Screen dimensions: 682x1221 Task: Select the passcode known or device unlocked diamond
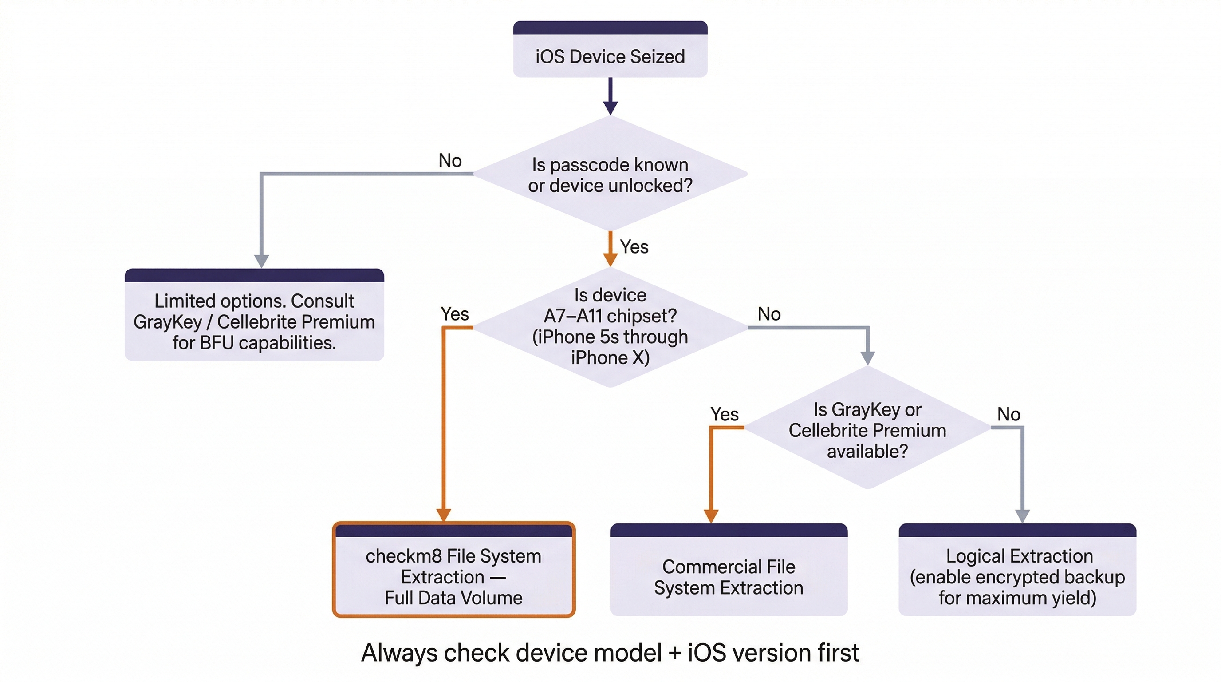point(610,174)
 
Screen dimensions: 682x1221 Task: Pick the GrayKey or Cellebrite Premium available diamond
point(867,430)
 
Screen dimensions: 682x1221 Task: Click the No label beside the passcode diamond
point(450,160)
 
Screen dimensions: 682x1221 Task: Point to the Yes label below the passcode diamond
point(634,246)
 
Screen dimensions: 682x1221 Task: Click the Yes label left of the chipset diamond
point(455,314)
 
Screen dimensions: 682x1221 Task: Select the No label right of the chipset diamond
point(769,314)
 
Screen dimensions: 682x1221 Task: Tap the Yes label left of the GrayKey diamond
point(724,414)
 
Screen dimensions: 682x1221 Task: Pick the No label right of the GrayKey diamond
point(1008,414)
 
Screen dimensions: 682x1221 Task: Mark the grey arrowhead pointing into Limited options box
point(262,261)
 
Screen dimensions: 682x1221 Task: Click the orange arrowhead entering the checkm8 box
point(443,515)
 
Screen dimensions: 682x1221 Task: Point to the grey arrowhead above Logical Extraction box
point(1022,516)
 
